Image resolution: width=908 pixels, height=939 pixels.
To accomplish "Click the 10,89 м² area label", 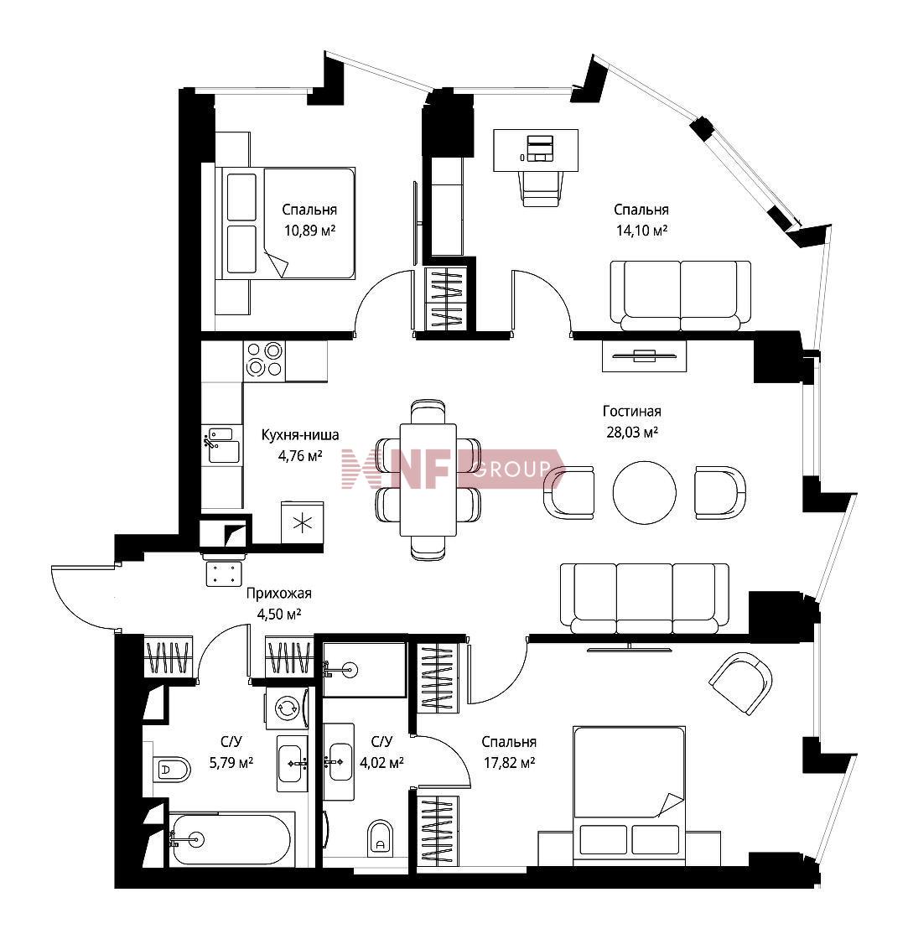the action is click(x=309, y=230).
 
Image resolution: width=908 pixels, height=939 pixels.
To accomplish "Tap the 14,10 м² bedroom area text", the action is click(x=641, y=230).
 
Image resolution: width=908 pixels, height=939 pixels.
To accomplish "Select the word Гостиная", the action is click(x=632, y=412).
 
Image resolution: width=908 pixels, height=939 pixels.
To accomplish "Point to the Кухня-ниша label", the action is click(x=300, y=435).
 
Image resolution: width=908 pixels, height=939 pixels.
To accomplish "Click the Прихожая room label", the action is click(x=279, y=594).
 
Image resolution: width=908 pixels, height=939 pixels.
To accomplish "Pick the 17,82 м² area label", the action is click(x=509, y=763).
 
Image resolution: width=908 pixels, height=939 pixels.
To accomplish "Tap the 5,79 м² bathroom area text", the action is click(x=231, y=763).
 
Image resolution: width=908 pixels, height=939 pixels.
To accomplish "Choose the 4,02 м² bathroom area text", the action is click(x=381, y=763).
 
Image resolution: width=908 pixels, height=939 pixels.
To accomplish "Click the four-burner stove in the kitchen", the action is click(x=264, y=360).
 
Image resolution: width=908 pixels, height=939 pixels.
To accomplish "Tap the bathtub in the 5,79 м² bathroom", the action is click(x=231, y=839).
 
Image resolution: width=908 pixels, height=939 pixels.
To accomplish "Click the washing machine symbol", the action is click(x=287, y=708).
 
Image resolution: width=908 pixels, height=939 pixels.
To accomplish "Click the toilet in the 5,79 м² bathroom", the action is click(x=171, y=769).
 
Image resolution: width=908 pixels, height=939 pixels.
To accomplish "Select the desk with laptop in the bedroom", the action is click(x=536, y=150).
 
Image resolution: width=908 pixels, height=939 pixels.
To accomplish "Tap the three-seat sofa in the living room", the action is click(x=645, y=599).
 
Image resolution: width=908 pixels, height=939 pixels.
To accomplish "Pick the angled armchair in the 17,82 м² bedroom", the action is click(x=740, y=683).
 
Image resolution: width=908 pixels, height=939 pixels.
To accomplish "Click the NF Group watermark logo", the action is click(x=454, y=469).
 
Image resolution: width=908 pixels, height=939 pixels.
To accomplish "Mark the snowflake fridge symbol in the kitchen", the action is click(x=303, y=523).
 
